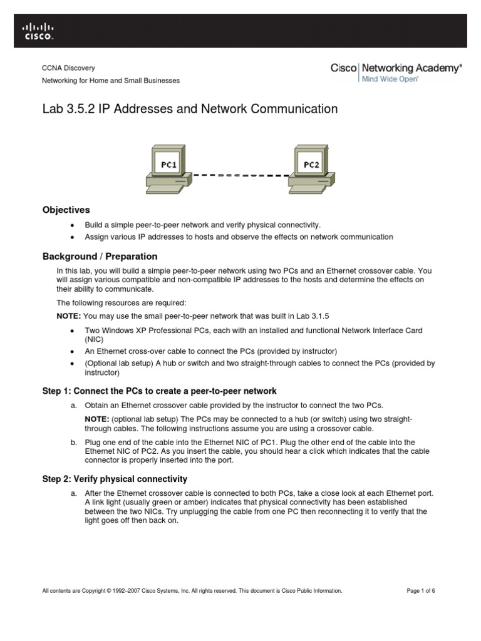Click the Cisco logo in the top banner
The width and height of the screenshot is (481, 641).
pyautogui.click(x=38, y=32)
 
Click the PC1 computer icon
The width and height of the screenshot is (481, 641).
pyautogui.click(x=167, y=167)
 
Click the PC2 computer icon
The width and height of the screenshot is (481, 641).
pyautogui.click(x=311, y=167)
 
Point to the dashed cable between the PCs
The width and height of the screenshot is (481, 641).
pyautogui.click(x=239, y=176)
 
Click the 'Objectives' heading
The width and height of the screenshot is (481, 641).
pyautogui.click(x=66, y=210)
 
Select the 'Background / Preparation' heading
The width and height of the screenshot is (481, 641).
pyautogui.click(x=100, y=257)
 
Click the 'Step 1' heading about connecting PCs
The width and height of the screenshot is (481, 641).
pyautogui.click(x=159, y=391)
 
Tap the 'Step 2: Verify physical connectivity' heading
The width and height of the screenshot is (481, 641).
pyautogui.click(x=115, y=479)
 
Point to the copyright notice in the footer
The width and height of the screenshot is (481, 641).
pyautogui.click(x=192, y=590)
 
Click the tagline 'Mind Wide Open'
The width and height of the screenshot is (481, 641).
pyautogui.click(x=390, y=79)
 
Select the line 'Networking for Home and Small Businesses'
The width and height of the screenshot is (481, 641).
pyautogui.click(x=110, y=81)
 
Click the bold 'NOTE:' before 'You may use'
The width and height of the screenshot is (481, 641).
pyautogui.click(x=69, y=316)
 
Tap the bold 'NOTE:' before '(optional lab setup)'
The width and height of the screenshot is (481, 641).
pyautogui.click(x=97, y=418)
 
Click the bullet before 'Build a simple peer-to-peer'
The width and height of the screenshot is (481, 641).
pyautogui.click(x=73, y=225)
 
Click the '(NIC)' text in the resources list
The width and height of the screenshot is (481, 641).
pyautogui.click(x=95, y=339)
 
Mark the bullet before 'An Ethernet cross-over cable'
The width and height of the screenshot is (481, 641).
pyautogui.click(x=73, y=351)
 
